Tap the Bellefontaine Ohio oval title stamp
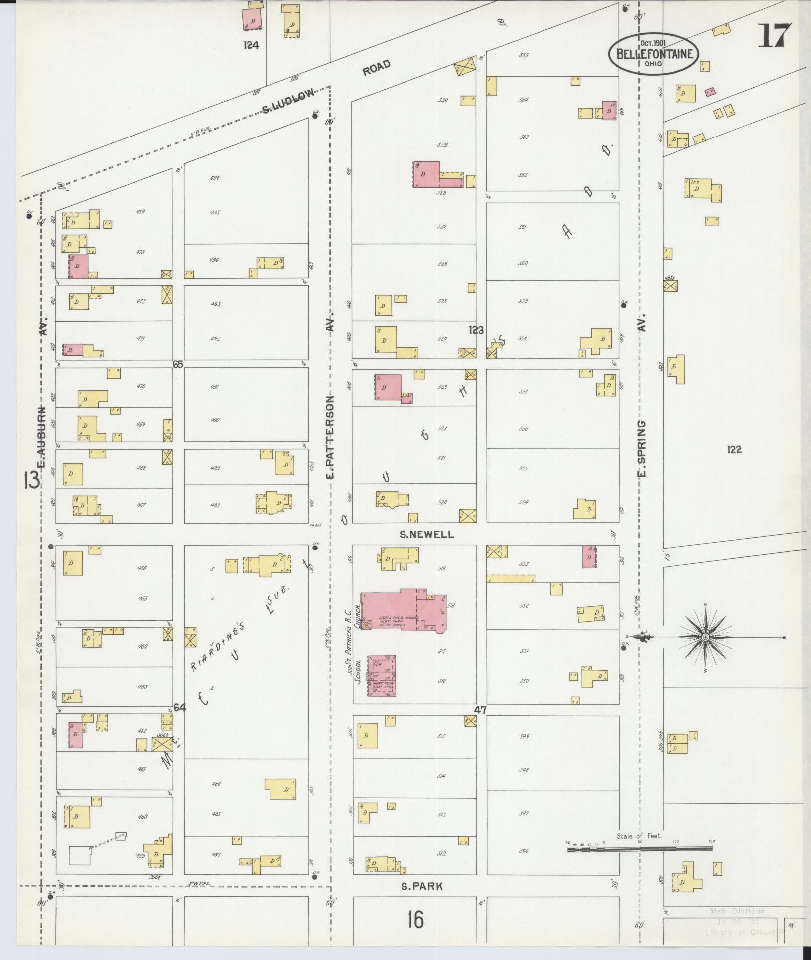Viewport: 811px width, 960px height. coord(653,54)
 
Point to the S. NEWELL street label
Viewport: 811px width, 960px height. coord(427,535)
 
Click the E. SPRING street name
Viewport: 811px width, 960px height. coord(642,448)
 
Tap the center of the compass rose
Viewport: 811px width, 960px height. coord(705,637)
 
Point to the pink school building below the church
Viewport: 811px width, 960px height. coord(382,675)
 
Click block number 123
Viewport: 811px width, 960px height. coord(476,330)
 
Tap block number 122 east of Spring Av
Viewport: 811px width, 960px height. coord(734,450)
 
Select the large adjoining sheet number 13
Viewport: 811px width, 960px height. coord(31,482)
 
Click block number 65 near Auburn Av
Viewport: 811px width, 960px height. coord(178,364)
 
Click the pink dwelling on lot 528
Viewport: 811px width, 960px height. coord(426,174)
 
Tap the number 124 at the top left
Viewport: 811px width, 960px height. coord(252,45)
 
